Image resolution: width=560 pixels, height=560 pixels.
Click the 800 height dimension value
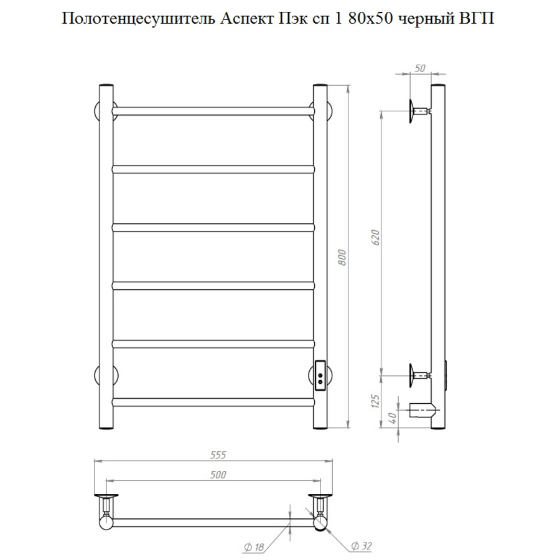pos(342,257)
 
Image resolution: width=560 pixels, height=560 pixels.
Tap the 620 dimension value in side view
pos(375,238)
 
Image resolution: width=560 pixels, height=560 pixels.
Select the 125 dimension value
pos(375,401)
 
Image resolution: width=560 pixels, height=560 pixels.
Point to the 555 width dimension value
pos(218,455)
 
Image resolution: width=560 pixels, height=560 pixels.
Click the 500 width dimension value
pos(218,474)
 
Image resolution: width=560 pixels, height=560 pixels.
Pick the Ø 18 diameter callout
pos(254,547)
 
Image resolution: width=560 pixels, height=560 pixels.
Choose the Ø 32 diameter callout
pos(362,546)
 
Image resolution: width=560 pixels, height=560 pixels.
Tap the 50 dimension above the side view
pos(421,68)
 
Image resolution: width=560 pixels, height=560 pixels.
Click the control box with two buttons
pos(320,376)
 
